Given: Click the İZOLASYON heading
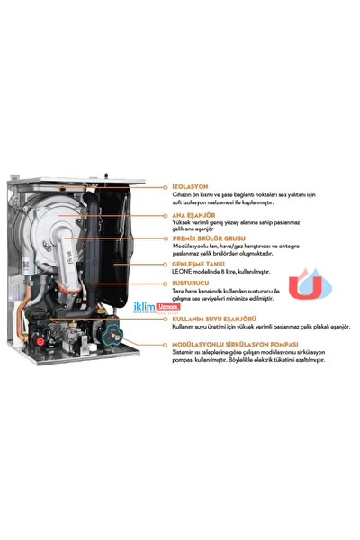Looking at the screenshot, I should point(192,189).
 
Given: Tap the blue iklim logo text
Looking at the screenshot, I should point(143,310).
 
